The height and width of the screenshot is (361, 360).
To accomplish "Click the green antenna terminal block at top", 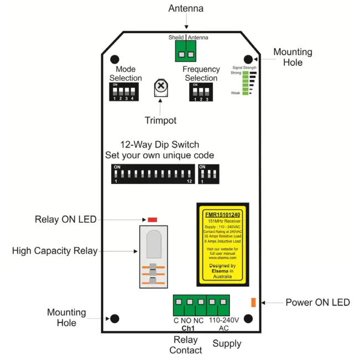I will point(185,51).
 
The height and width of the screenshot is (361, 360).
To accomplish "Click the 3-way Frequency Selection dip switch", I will point(201,92).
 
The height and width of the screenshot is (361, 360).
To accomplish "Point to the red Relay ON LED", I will point(153,220).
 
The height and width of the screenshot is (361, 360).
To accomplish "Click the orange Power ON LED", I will point(253,302).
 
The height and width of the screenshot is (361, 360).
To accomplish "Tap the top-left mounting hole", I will point(115,59).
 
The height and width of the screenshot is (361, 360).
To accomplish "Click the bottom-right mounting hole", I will point(248,318).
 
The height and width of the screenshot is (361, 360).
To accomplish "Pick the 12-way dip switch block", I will point(153,173).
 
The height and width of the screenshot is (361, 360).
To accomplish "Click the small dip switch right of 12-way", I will point(208,173).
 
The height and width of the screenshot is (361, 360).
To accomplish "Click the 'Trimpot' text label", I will point(160,120).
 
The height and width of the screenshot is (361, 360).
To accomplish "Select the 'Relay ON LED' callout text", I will point(65,220).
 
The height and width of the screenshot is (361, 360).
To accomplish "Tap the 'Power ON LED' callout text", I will point(317,302).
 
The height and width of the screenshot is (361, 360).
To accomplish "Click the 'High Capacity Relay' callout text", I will point(54,251).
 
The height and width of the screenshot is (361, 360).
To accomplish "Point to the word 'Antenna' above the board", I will point(185,8).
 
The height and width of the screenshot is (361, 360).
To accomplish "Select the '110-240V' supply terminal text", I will point(223,320).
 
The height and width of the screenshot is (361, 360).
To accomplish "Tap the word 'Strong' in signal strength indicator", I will point(236,73).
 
